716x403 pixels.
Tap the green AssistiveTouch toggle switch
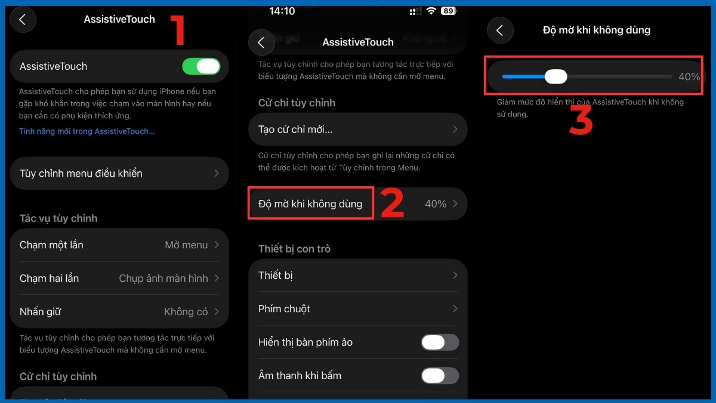tap(202, 66)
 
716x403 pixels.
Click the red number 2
tap(392, 204)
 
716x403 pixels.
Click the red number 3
tap(580, 121)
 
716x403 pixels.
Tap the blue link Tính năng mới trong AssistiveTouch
tap(87, 131)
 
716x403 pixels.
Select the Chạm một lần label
tap(51, 245)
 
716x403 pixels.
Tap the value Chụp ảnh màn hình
tap(163, 278)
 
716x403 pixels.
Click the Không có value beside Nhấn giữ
tap(186, 312)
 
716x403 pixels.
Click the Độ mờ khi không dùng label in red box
tap(310, 204)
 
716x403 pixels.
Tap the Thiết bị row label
tap(276, 275)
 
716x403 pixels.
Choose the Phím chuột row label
tap(284, 309)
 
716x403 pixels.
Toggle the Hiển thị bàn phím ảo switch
tap(440, 342)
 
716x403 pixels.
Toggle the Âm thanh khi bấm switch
tap(440, 376)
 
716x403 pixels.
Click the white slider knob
tap(556, 76)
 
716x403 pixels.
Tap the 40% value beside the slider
tap(689, 76)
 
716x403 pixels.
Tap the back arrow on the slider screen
tap(500, 30)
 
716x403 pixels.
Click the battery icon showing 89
tap(447, 11)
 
